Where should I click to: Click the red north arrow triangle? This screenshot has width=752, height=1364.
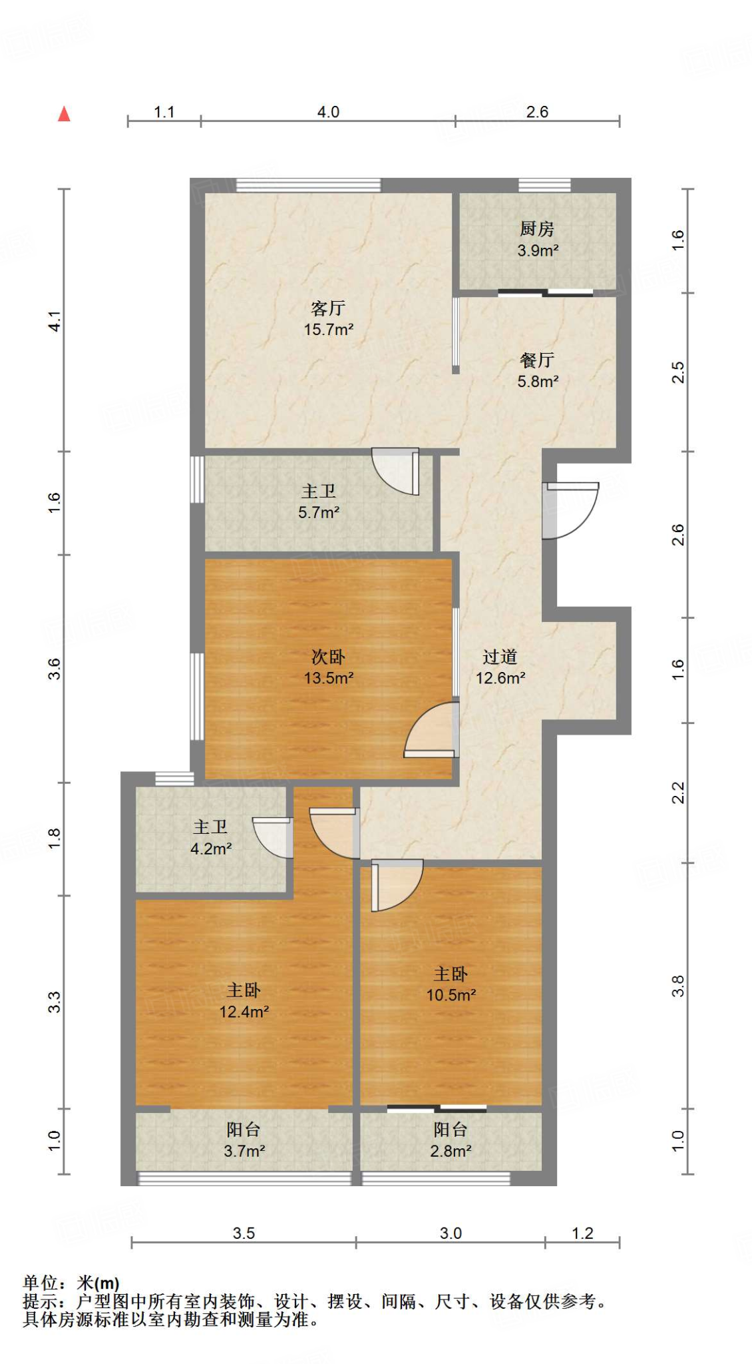tap(64, 114)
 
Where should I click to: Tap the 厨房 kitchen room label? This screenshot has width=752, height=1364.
tap(536, 228)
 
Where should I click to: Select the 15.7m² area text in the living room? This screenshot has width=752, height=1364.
tap(328, 329)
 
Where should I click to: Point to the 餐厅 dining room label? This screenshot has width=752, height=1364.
tap(536, 360)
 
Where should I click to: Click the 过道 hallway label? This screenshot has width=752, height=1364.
tap(500, 657)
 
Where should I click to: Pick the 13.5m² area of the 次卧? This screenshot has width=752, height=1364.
tap(328, 678)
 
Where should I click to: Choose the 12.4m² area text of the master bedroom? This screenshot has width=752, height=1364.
tap(244, 1012)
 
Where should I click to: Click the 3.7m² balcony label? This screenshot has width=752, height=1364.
tap(244, 1130)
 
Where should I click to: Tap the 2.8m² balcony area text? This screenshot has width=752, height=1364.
tap(451, 1151)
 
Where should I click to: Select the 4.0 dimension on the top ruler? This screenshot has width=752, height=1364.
tap(328, 112)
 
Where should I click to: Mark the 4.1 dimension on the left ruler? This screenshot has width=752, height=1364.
tap(55, 321)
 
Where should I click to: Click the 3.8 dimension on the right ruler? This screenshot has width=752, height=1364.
tap(677, 986)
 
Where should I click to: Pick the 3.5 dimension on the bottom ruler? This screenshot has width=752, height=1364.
tap(244, 1233)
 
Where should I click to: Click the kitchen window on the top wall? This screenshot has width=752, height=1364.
tap(544, 185)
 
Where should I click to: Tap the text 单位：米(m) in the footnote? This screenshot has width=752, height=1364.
tap(71, 1283)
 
